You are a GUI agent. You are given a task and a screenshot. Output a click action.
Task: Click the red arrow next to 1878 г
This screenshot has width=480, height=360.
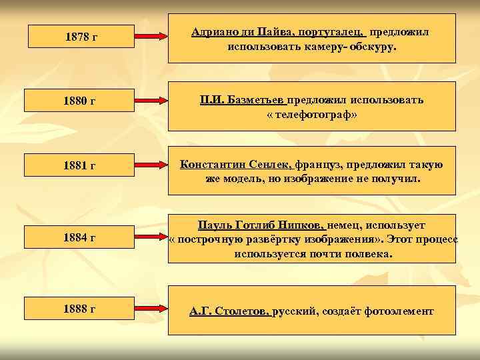pos(151,31)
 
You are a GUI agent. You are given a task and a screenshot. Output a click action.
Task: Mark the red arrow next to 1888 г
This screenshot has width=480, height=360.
pos(151,309)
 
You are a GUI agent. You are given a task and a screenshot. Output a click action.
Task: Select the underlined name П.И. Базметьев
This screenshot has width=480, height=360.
pos(243,99)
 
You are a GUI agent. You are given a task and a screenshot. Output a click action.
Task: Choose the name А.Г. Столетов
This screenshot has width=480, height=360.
pos(229,311)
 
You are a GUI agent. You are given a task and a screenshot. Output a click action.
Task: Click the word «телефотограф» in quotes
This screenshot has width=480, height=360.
pos(311,115)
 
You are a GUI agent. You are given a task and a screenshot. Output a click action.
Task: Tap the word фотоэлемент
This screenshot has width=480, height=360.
pos(397,311)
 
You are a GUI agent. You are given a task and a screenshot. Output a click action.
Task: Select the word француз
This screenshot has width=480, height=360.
pos(317,164)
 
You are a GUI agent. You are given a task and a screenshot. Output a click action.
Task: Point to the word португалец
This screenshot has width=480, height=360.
pos(332,32)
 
